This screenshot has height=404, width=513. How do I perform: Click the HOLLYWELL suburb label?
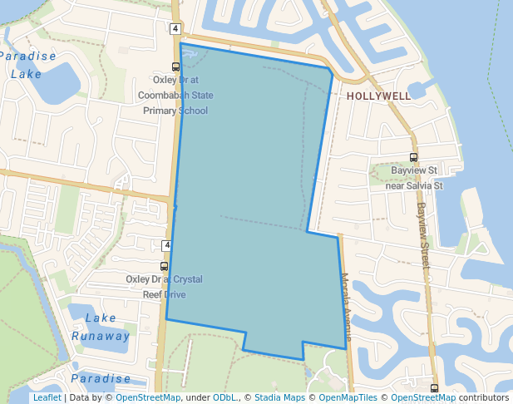click(378, 96)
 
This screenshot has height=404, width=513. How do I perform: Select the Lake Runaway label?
click(100, 327)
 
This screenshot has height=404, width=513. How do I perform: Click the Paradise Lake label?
click(27, 65)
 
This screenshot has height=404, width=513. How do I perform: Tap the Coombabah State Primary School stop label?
click(175, 96)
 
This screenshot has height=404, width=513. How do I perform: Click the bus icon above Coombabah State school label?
click(175, 67)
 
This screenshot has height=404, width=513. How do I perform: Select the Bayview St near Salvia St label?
click(415, 177)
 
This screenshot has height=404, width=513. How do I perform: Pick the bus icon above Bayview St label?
click(413, 157)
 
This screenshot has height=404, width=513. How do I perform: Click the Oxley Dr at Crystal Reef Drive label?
click(164, 287)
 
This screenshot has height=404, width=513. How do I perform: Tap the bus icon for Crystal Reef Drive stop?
click(164, 267)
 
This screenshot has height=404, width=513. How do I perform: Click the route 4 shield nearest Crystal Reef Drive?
click(166, 245)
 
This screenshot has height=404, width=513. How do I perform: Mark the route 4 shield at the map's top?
click(175, 29)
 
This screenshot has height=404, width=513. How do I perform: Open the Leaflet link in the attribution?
click(47, 397)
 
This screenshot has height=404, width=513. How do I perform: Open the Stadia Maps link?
click(279, 397)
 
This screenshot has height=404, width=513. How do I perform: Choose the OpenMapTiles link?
click(348, 397)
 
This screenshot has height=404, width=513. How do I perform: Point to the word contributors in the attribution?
click(484, 397)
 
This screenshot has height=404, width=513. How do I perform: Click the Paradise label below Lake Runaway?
click(100, 378)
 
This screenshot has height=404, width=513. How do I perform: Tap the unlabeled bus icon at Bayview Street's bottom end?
click(434, 388)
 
